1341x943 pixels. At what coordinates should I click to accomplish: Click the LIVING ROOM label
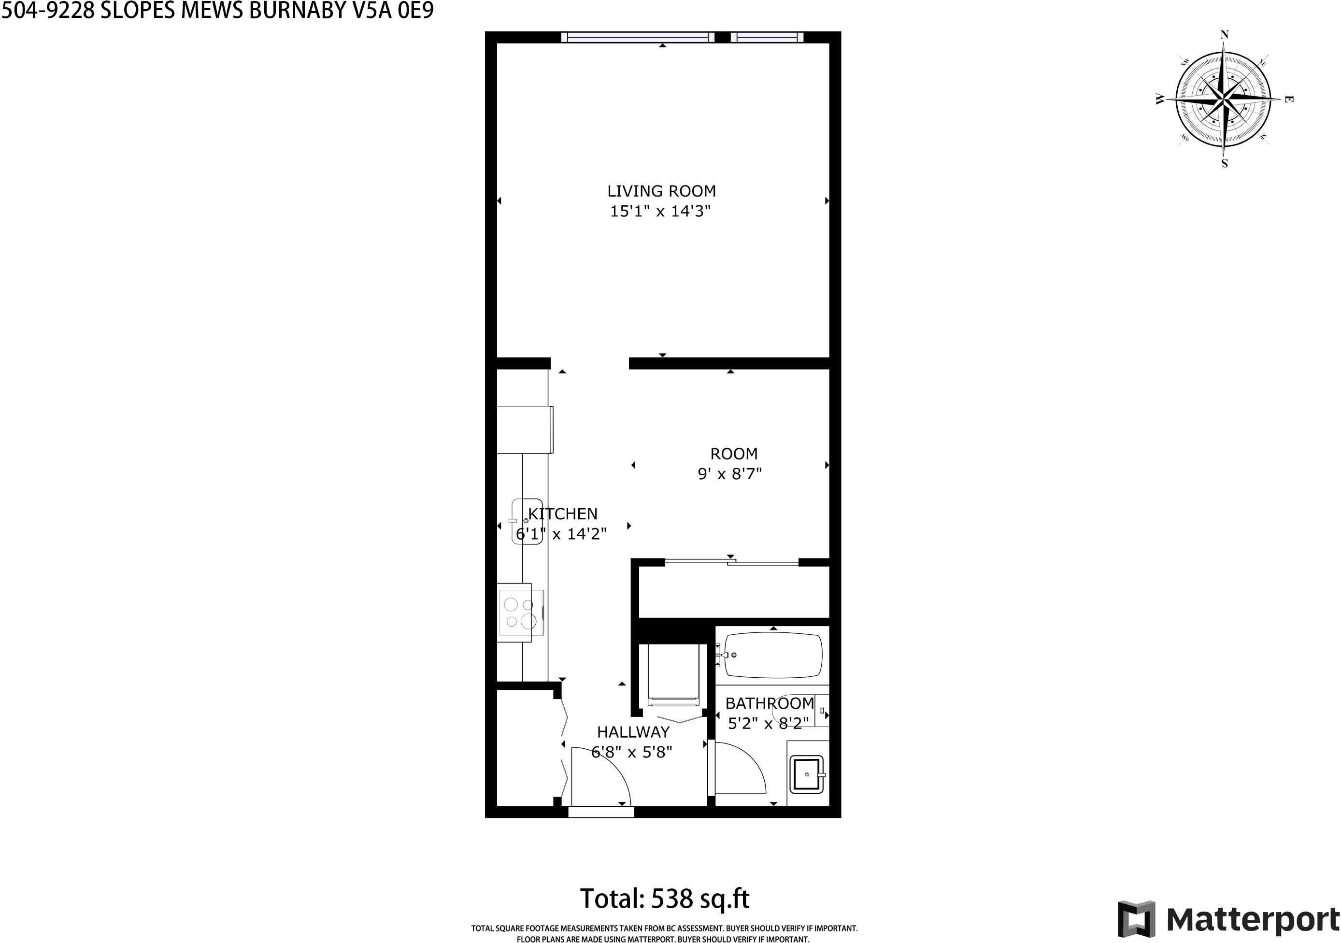pyautogui.click(x=661, y=191)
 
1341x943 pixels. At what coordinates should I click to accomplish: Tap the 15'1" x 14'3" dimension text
pyautogui.click(x=660, y=211)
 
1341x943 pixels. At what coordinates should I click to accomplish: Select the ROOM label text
pyautogui.click(x=734, y=454)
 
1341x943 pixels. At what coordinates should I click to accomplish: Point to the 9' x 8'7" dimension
pyautogui.click(x=729, y=473)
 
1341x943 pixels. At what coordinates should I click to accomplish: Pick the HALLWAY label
pyautogui.click(x=633, y=731)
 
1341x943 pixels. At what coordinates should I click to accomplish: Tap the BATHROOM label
pyautogui.click(x=770, y=703)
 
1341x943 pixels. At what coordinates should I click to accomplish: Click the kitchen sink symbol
pyautogui.click(x=527, y=521)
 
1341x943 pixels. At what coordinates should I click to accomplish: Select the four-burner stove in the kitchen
pyautogui.click(x=520, y=612)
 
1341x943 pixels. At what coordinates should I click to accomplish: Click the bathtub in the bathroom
pyautogui.click(x=773, y=655)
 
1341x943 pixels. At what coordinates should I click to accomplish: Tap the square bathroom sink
pyautogui.click(x=807, y=774)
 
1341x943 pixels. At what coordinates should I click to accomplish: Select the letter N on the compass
pyautogui.click(x=1224, y=34)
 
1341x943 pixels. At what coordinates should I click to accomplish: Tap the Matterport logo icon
pyautogui.click(x=1137, y=919)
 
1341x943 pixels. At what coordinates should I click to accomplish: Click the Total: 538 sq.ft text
pyautogui.click(x=664, y=899)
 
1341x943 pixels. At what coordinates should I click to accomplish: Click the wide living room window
pyautogui.click(x=638, y=37)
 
